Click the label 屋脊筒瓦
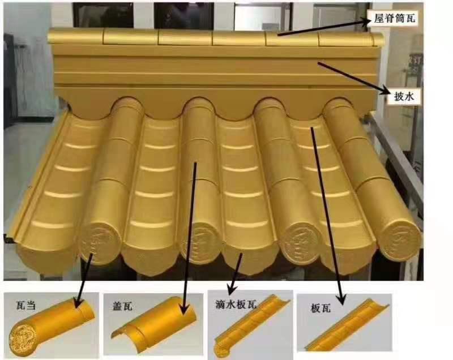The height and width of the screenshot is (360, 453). click(394, 18)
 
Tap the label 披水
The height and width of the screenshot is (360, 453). click(404, 96)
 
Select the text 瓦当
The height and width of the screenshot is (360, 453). click(26, 306)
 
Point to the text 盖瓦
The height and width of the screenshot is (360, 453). click(122, 306)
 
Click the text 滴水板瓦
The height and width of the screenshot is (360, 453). click(236, 305)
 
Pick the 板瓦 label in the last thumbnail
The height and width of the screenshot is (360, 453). click(320, 308)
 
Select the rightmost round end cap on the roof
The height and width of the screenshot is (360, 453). click(400, 241)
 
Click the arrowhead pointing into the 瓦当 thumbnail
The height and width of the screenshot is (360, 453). click(78, 303)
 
